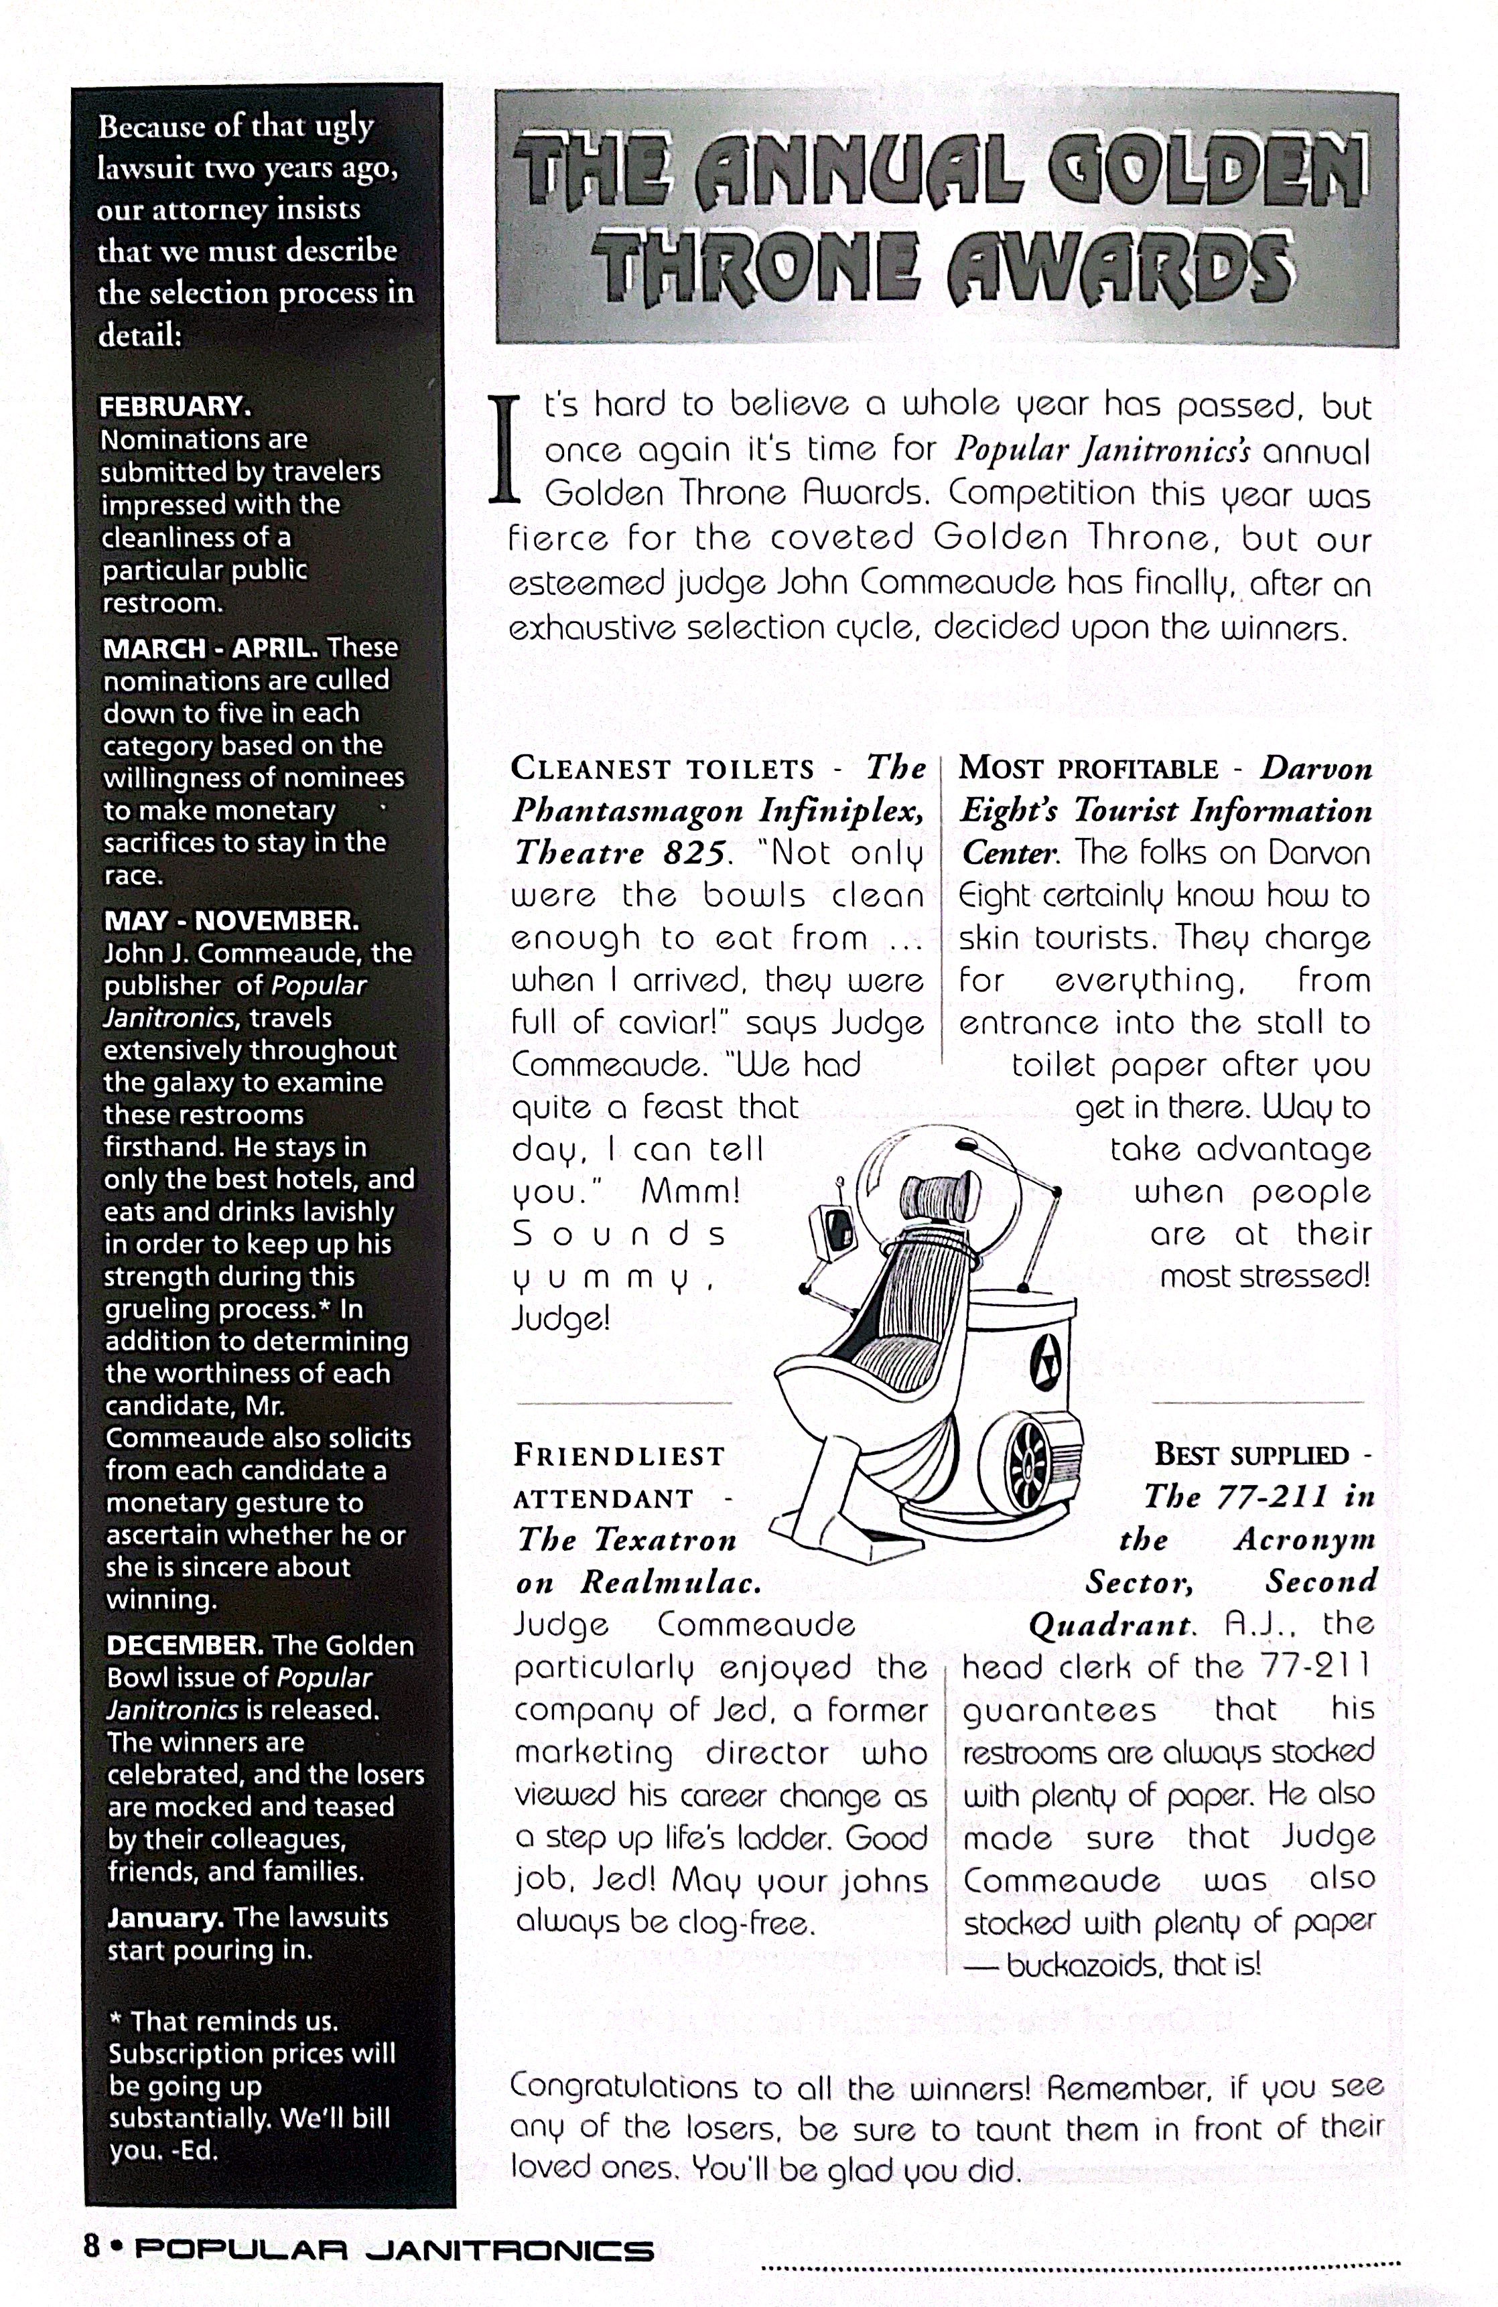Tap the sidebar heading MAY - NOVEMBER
pos(230,920)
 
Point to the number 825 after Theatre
pos(694,853)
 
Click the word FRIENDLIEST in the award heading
pos(618,1456)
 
